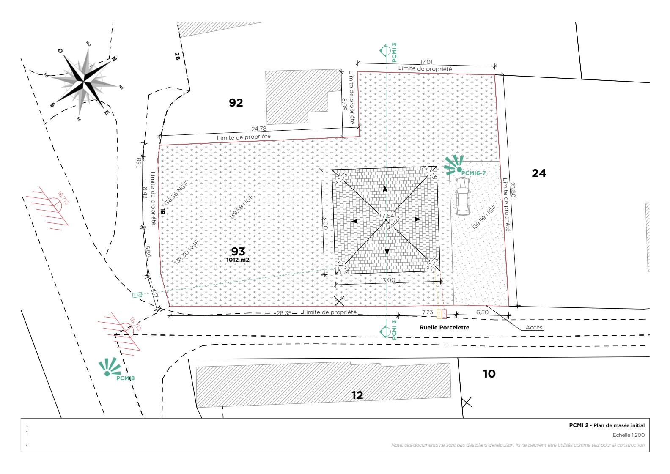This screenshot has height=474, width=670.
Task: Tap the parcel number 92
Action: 236,103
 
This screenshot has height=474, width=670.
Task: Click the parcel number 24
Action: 538,173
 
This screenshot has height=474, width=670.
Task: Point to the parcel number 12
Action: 357,395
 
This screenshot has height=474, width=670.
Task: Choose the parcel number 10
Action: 489,374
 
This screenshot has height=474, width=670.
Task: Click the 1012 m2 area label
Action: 238,260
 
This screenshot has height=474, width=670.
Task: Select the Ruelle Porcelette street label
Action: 444,327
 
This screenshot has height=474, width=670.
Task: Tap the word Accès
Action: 534,328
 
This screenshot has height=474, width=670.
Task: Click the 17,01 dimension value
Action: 426,62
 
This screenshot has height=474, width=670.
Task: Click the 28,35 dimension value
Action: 284,313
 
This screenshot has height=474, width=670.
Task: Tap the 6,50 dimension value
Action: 482,312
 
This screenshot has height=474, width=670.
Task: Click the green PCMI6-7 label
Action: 473,173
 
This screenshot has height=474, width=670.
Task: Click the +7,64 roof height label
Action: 385,216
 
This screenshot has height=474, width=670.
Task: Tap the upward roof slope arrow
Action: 385,189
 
